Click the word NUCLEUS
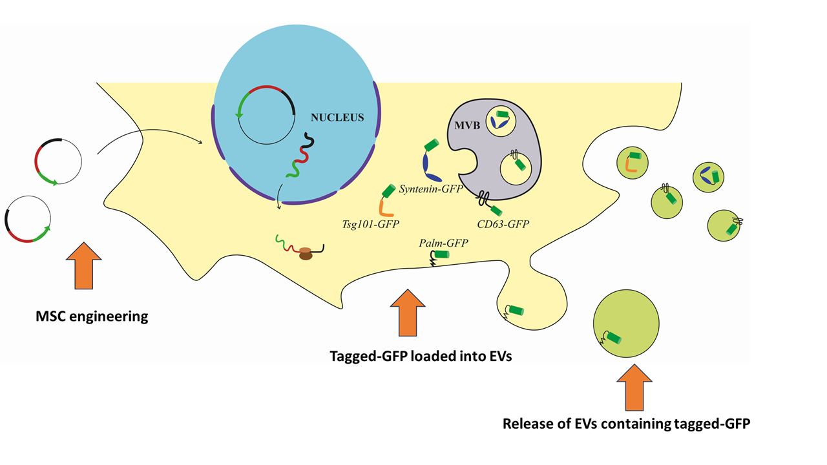[x=337, y=118]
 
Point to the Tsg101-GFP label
[x=370, y=223]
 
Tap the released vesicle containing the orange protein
[x=632, y=161]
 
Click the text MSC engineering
[x=92, y=316]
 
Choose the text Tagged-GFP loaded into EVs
[x=421, y=356]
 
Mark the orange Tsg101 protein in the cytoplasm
[x=384, y=208]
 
